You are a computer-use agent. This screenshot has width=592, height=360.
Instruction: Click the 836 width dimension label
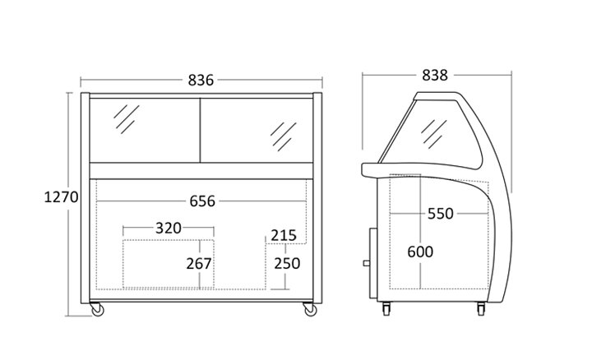tap(201, 80)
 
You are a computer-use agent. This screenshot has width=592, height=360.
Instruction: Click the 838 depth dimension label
tap(435, 75)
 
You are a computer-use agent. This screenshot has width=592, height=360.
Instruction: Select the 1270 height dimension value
tap(61, 197)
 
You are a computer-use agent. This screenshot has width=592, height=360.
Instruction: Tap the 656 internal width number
tap(202, 201)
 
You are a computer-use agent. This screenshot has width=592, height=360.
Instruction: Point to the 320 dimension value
tap(169, 228)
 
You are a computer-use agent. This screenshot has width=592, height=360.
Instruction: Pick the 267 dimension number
tap(199, 264)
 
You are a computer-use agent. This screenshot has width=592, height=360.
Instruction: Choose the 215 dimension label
tap(284, 235)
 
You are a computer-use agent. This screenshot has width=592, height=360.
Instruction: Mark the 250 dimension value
tap(287, 263)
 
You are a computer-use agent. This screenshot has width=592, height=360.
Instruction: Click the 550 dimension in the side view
tap(440, 214)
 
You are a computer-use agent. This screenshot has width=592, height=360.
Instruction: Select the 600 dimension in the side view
tap(420, 252)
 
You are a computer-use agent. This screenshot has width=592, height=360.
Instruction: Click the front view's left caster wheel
tap(97, 309)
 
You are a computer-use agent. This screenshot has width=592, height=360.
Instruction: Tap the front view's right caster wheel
tap(310, 309)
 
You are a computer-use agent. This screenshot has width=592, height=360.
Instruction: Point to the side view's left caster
tap(386, 309)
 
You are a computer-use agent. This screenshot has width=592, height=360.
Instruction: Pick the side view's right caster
tap(481, 309)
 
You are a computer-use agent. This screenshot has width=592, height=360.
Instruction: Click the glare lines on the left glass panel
tap(127, 119)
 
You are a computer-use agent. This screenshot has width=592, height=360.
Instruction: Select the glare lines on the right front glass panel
tap(284, 136)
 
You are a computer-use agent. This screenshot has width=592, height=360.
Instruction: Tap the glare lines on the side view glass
tap(434, 134)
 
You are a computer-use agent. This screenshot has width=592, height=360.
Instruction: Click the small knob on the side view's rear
tap(366, 263)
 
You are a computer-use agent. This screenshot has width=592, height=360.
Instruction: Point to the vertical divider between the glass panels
tap(200, 131)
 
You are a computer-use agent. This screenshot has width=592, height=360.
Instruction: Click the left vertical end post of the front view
tap(85, 198)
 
